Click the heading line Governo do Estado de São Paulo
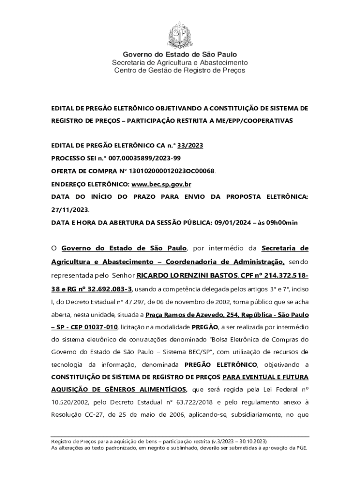[x=180, y=55]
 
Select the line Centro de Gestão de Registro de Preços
[x=180, y=71]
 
